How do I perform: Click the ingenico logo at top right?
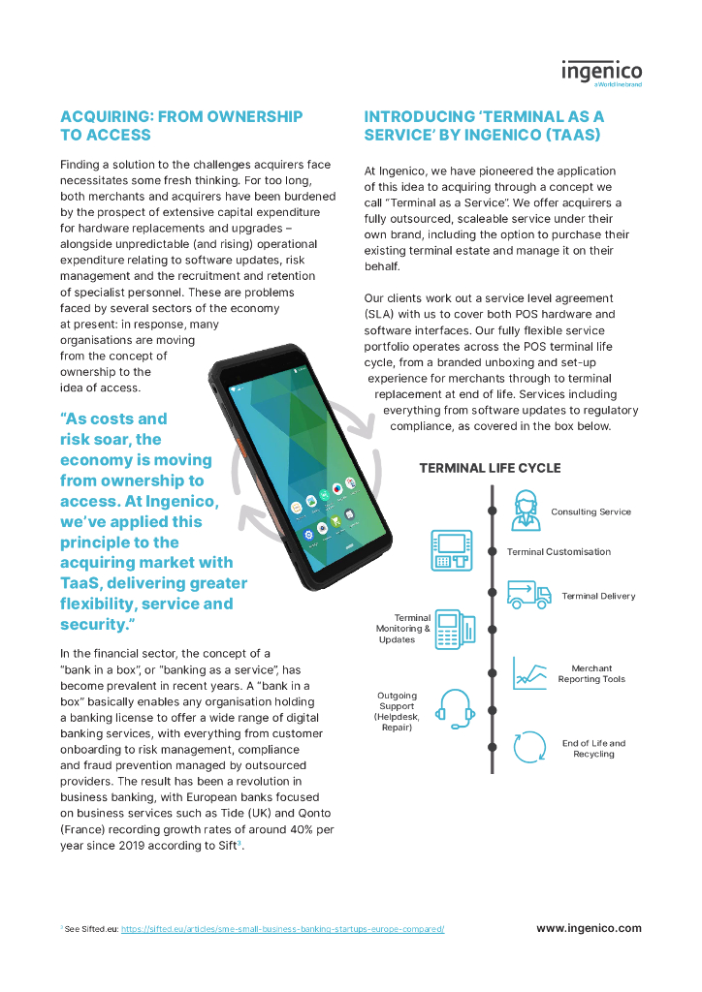click(x=601, y=73)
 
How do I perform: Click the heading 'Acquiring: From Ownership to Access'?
click(x=181, y=126)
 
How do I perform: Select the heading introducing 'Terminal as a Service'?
click(x=484, y=126)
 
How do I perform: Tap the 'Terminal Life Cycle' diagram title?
click(x=490, y=468)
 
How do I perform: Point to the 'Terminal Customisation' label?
click(x=558, y=551)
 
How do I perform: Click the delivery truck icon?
click(x=529, y=594)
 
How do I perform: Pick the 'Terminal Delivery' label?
click(x=598, y=596)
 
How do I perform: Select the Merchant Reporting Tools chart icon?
click(x=529, y=673)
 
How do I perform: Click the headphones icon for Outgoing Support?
click(x=455, y=709)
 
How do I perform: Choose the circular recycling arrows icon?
click(x=530, y=748)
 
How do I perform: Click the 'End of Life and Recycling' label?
click(x=593, y=749)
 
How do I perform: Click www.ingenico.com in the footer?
click(x=589, y=928)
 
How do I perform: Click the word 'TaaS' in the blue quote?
click(x=82, y=583)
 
